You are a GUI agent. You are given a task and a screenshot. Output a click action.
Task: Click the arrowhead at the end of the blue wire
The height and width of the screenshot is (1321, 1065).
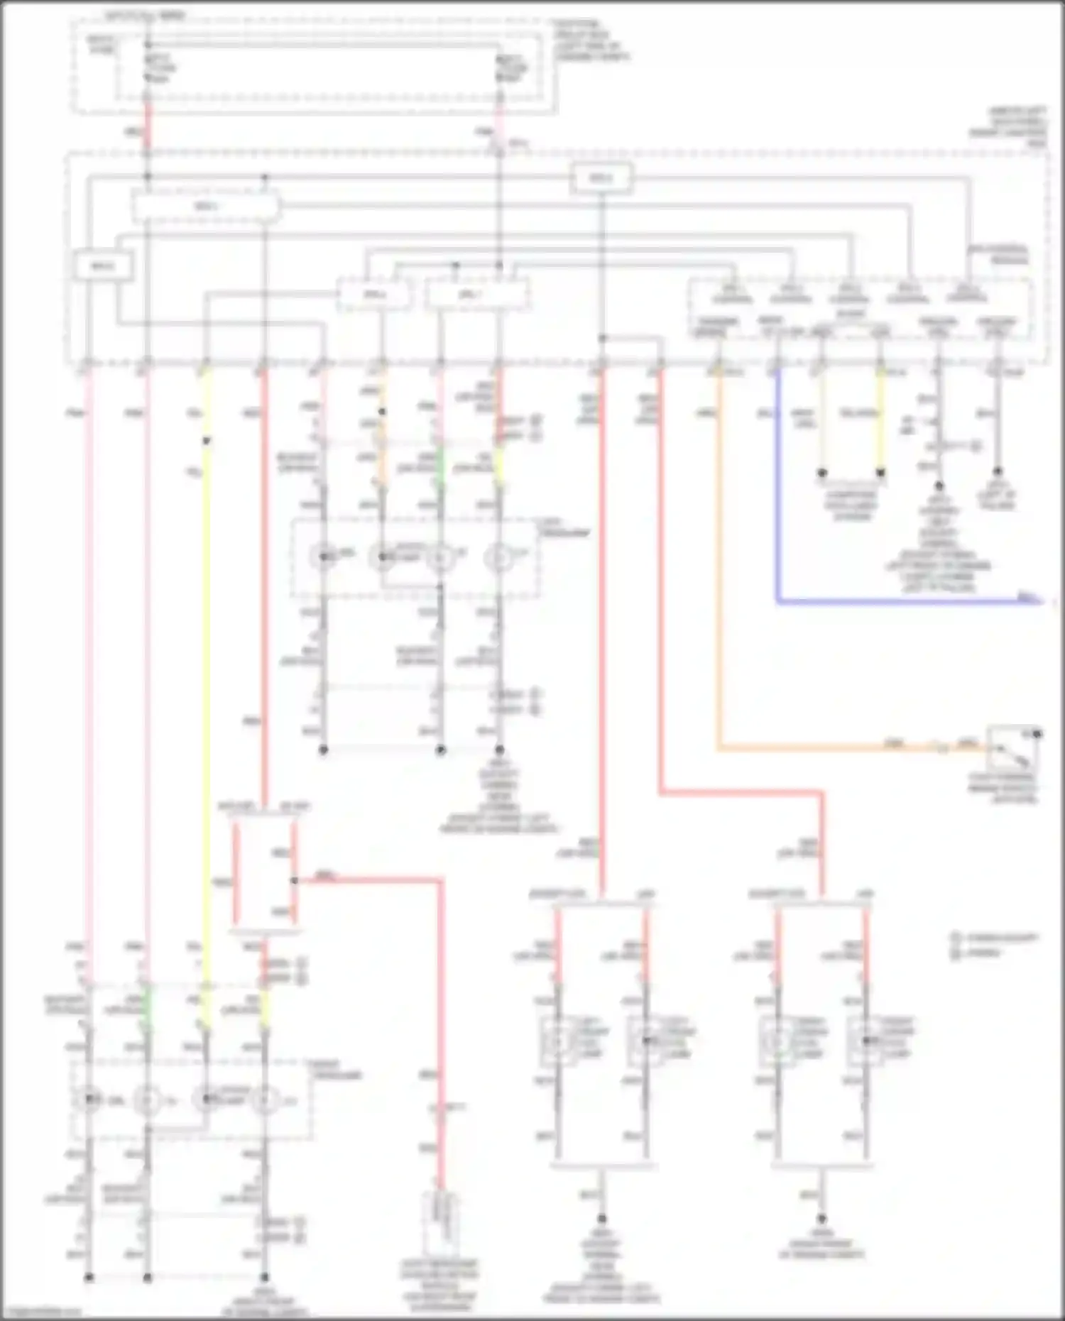[x=1038, y=602]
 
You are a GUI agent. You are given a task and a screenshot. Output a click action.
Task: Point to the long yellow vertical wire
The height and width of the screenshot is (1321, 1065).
[x=206, y=710]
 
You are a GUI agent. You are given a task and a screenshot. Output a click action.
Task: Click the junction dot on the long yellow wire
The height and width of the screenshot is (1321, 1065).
[x=206, y=442]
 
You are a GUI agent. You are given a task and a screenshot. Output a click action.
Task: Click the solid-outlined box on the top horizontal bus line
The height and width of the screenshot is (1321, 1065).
[x=601, y=179]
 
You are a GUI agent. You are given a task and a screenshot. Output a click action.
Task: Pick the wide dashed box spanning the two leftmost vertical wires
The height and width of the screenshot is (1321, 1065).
[x=206, y=207]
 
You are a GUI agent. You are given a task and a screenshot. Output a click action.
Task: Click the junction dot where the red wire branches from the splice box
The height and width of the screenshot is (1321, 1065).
[x=294, y=881]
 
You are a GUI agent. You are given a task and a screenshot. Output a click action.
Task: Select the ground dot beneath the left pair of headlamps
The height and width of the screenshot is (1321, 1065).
[x=601, y=1218]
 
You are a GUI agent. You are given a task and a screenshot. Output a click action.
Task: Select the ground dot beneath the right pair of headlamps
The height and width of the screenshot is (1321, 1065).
[x=821, y=1218]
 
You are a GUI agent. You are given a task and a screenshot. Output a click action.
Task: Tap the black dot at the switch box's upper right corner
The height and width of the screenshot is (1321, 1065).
[x=1037, y=734]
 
